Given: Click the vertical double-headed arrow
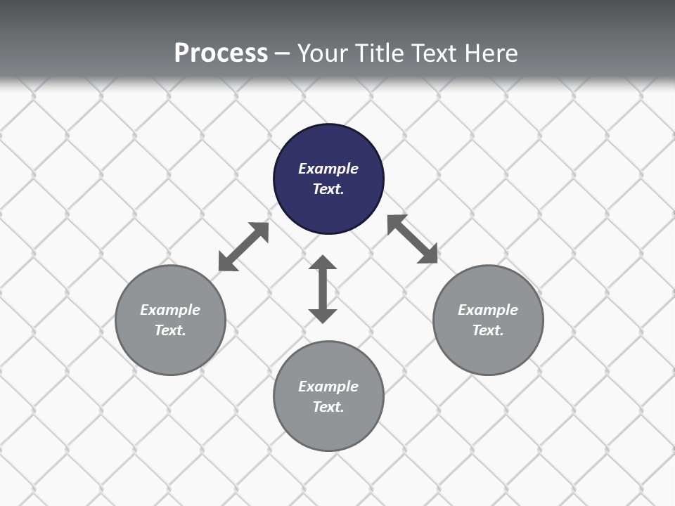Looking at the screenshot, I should tap(323, 289).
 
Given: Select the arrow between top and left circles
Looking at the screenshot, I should tap(243, 247).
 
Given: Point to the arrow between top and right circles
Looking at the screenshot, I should tap(413, 239).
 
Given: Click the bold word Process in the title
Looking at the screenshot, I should tap(221, 53).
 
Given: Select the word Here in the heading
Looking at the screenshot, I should tap(490, 53).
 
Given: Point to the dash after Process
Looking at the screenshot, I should tap(283, 53).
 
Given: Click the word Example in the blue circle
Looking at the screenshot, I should tap(328, 169).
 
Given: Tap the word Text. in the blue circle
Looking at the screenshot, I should tap(328, 189).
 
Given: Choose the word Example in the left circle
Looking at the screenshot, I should tap(170, 310).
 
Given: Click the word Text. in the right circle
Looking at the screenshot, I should tap(488, 330).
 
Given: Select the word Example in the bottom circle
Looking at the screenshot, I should tap(328, 387).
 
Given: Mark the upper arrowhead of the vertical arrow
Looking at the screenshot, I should tap(323, 263).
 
